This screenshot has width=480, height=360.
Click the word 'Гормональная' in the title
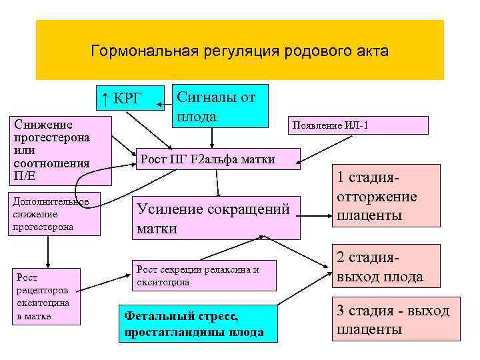coord(133,51)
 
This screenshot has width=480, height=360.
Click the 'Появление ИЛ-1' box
coord(357,125)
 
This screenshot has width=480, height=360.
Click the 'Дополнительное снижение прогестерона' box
coord(53,214)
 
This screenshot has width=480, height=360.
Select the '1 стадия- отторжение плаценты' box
coord(378,197)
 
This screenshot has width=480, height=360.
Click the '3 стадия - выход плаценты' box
coord(393,319)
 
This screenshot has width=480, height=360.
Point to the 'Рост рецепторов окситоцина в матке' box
coord(47,297)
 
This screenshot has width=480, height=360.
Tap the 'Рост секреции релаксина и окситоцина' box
coord(205,275)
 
